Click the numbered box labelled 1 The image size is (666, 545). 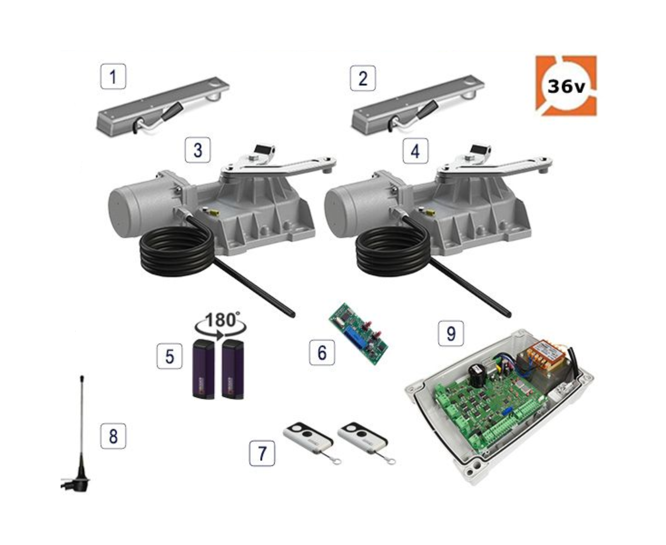tap(113, 76)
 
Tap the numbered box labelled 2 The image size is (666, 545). tap(363, 78)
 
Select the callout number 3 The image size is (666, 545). tap(198, 150)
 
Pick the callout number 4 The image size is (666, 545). tap(415, 151)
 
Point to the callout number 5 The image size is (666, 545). tap(170, 356)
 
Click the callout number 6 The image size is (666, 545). tap(322, 352)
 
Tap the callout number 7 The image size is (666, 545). tap(262, 453)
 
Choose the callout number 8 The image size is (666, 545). tap(113, 436)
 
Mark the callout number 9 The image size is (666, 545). tap(451, 333)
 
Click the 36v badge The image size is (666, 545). tap(566, 86)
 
